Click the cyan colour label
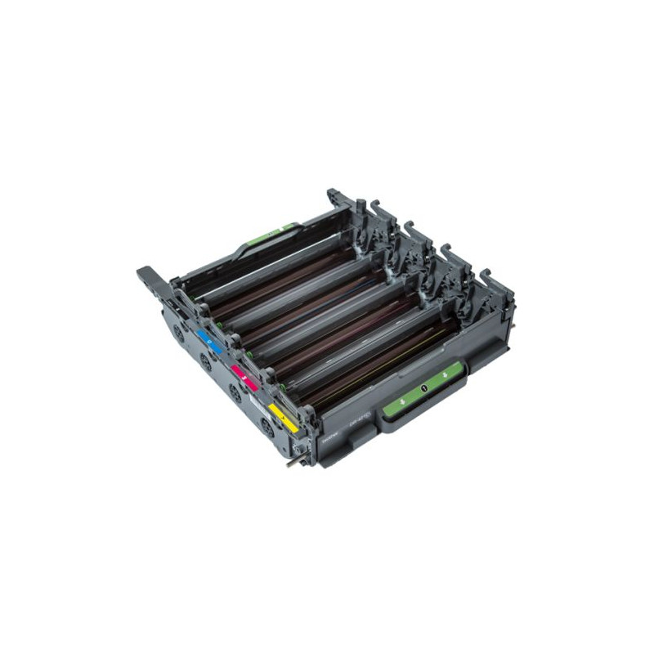coord(210,341)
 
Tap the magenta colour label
coord(244,377)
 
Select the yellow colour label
coord(283,418)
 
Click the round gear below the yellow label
coord(267,426)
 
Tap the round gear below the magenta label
coord(235,393)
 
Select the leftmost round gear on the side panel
coord(178,333)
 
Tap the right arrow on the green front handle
coord(444,378)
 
